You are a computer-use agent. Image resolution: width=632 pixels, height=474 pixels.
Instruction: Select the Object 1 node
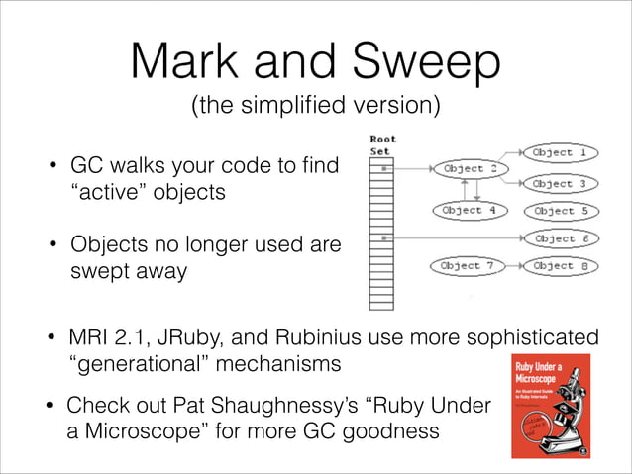(566, 153)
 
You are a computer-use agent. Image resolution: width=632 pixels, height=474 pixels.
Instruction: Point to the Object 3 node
(566, 184)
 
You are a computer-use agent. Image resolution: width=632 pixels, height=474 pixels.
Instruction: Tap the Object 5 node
(566, 211)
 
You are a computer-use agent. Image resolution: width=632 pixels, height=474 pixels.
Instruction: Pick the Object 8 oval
(566, 266)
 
